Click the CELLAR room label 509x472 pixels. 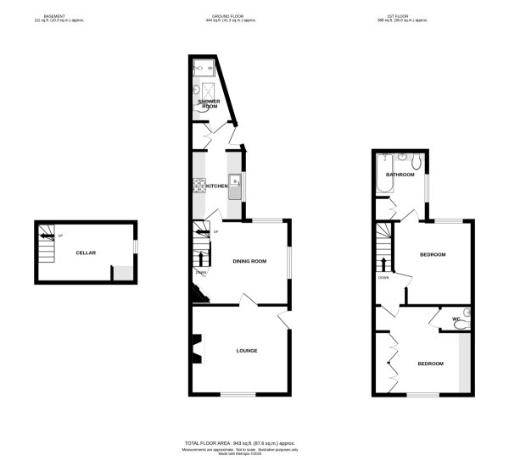click(85, 253)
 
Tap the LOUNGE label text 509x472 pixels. click(247, 350)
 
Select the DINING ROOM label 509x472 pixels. click(249, 261)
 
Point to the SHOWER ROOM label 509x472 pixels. click(208, 103)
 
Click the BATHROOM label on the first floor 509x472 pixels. click(400, 175)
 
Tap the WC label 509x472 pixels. click(456, 319)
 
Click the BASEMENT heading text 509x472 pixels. click(56, 16)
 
